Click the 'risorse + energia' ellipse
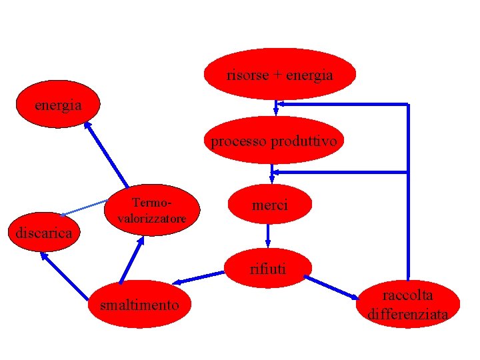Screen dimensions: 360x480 pos(280,74)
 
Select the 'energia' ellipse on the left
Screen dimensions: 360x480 pos(58,105)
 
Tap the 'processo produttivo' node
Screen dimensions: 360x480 pos(275,141)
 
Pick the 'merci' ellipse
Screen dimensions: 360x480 pos(269,206)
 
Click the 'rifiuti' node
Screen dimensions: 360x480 pos(268,269)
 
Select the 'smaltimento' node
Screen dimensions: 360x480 pos(139,305)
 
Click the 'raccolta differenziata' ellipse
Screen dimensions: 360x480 pos(407,304)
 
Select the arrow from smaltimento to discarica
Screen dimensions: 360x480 pos(65,276)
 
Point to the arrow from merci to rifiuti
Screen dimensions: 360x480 pos(268,233)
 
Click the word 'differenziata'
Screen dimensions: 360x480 pos(407,314)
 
